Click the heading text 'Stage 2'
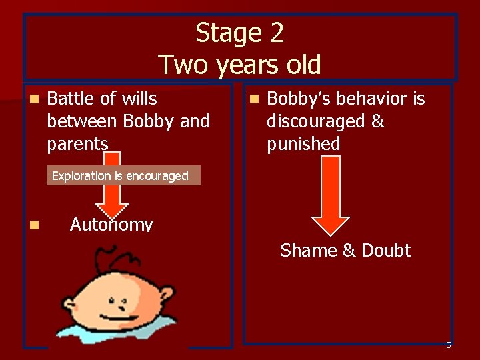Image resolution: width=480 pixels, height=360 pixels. pyautogui.click(x=240, y=33)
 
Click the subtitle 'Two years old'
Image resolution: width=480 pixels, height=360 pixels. pyautogui.click(x=240, y=65)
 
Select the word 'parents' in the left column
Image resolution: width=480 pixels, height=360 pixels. pyautogui.click(x=77, y=144)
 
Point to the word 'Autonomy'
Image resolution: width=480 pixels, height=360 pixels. pyautogui.click(x=111, y=224)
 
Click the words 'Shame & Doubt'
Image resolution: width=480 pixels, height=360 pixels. pyautogui.click(x=345, y=251)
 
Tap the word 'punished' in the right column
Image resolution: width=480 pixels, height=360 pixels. pyautogui.click(x=303, y=144)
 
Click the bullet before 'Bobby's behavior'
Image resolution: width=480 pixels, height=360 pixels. pyautogui.click(x=253, y=99)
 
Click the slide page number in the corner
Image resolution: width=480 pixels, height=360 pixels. pyautogui.click(x=448, y=345)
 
